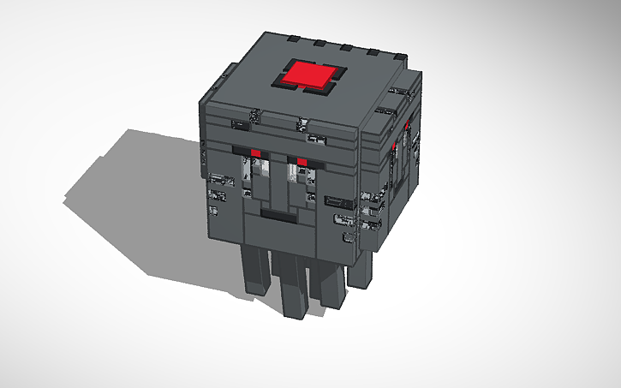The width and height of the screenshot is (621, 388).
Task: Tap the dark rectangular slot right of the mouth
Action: (335, 203)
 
